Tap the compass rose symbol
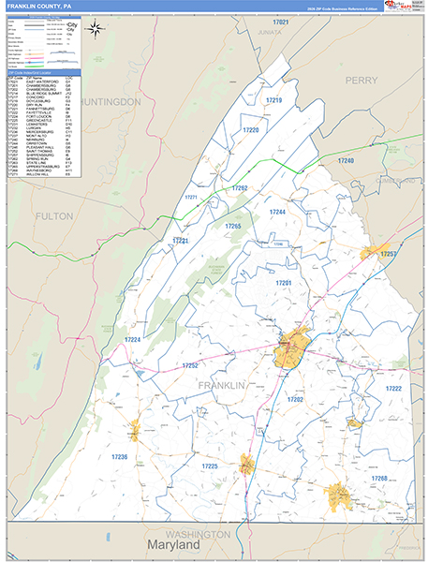click(96, 27)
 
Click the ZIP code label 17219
click(273, 99)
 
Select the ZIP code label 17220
click(251, 130)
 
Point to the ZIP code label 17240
click(346, 161)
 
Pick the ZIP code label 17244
click(277, 212)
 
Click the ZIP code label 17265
click(232, 227)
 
